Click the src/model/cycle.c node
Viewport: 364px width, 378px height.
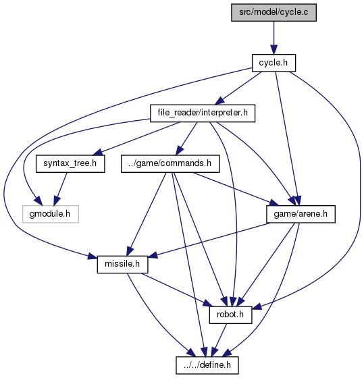click(x=274, y=12)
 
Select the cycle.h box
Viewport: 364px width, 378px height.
click(x=274, y=63)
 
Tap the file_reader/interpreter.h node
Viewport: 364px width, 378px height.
click(x=203, y=113)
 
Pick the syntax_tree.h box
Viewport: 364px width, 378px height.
click(x=70, y=163)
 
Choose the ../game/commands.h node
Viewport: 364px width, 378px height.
click(x=170, y=163)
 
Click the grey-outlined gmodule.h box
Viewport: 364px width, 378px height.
click(x=50, y=214)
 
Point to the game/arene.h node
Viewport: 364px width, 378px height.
click(x=301, y=214)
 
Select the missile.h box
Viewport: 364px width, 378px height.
click(x=122, y=265)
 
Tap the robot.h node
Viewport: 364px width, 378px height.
click(x=230, y=315)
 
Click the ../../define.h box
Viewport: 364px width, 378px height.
click(x=207, y=365)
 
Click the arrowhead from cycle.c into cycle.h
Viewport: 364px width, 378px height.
click(x=274, y=50)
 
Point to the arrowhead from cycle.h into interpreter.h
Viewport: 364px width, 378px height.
click(x=220, y=101)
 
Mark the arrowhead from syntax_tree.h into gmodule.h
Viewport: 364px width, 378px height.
click(x=56, y=201)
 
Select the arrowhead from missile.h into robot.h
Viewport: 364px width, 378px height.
click(x=207, y=303)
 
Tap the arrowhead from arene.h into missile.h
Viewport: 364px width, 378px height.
click(x=153, y=254)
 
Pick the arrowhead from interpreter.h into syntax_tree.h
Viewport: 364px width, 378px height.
click(x=99, y=153)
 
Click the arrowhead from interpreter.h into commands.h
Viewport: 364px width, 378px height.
click(x=179, y=151)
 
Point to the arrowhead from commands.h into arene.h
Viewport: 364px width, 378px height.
click(x=274, y=203)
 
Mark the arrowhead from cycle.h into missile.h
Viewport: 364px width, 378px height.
click(x=92, y=256)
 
